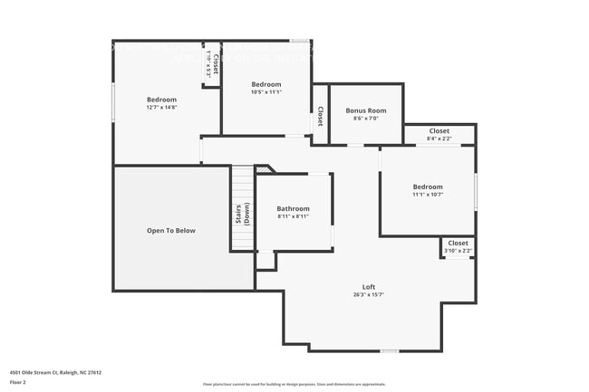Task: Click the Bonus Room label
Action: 366,110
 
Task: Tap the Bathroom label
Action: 293,208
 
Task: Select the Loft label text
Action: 369,286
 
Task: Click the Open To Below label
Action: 171,231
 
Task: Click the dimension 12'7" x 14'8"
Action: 162,108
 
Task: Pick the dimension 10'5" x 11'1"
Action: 266,91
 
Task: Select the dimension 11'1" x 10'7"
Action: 428,195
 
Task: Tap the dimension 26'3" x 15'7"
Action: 369,294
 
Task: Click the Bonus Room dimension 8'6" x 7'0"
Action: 366,119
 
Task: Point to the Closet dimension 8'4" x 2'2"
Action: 439,139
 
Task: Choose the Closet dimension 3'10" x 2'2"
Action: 459,250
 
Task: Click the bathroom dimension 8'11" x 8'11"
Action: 293,216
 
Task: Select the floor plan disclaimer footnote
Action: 294,383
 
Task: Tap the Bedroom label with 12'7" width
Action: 162,100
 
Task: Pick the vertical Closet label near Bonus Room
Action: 321,116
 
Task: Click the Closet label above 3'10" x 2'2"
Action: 459,243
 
